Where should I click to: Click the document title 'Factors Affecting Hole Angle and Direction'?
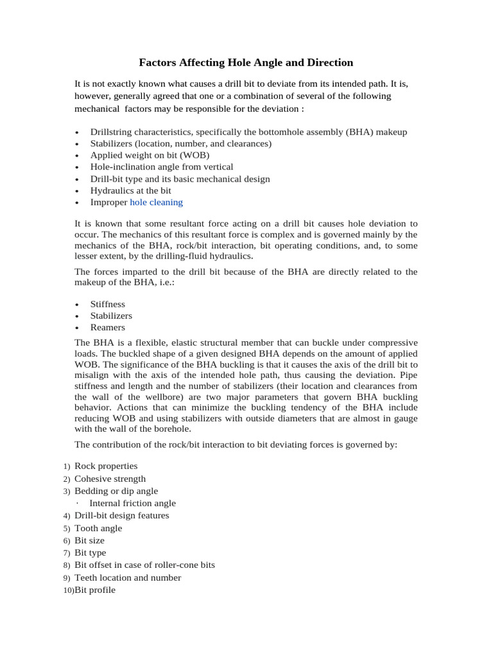coord(246,63)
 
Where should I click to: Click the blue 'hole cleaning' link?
coord(156,202)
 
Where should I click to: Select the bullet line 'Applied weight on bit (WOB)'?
coord(150,155)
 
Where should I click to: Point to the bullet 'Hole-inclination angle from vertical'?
coord(161,167)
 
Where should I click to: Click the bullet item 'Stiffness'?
coord(107,304)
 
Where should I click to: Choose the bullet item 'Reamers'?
coord(107,327)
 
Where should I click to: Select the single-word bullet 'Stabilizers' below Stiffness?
coord(111,316)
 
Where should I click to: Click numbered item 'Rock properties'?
coord(106,466)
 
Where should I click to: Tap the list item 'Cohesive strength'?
coord(110,479)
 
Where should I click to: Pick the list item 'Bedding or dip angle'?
coord(116,491)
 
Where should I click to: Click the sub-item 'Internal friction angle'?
coord(132,504)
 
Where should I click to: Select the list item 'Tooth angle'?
coord(98,529)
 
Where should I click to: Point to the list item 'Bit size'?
coord(89,541)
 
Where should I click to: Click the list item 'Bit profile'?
coord(95,590)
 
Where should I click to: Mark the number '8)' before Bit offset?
coord(67,565)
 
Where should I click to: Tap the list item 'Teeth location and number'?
coord(128,577)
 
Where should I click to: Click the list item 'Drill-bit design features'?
coord(122,516)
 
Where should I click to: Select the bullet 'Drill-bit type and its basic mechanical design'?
coord(180,179)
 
